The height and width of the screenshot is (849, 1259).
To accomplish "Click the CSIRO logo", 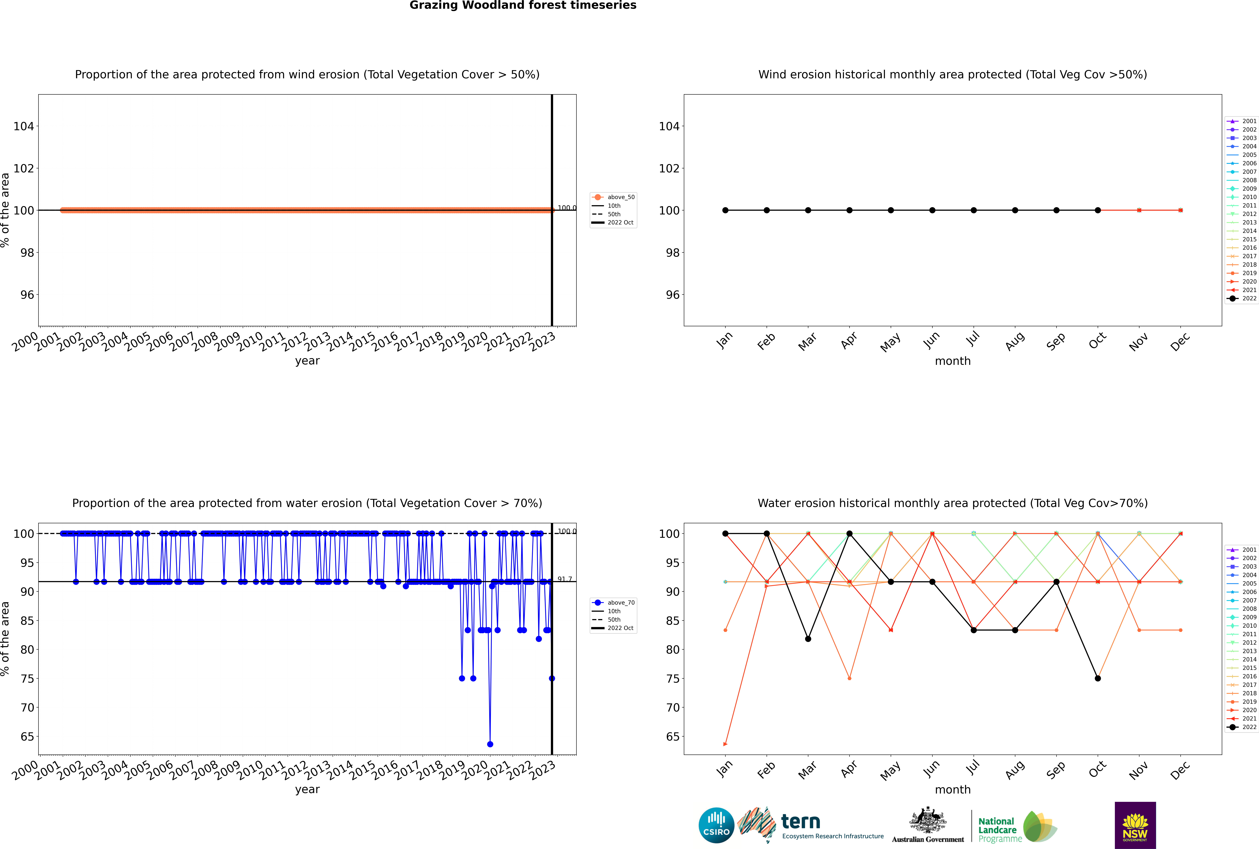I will click(x=716, y=825).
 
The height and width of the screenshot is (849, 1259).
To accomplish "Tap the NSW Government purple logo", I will click(x=1135, y=825).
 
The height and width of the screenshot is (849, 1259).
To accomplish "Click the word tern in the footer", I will click(x=801, y=822).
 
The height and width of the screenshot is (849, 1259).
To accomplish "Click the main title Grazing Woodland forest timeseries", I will click(x=523, y=5).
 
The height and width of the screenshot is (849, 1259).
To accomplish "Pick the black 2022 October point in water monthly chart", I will click(x=1098, y=678).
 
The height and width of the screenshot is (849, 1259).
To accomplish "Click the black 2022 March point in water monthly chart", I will click(x=808, y=639).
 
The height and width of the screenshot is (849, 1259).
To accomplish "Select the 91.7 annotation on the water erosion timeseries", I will click(x=565, y=579).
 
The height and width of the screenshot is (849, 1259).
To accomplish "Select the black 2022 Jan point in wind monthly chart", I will click(x=725, y=210).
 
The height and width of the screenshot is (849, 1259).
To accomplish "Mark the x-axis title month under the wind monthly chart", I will click(x=953, y=361).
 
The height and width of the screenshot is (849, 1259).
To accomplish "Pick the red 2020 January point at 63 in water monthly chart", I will click(x=725, y=744).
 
